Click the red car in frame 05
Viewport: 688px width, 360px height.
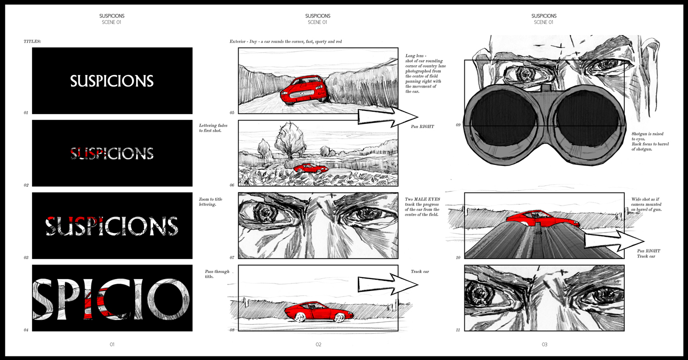304,89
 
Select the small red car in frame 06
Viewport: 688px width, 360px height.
311,168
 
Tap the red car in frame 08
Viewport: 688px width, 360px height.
319,312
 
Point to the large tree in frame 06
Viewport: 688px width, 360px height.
288,140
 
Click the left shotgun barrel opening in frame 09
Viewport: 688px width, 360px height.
503,118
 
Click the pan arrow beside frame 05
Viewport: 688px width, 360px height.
388,117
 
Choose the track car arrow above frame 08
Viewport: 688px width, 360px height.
388,284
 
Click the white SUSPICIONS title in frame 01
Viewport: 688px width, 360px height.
112,81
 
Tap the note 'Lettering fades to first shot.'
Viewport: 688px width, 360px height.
213,128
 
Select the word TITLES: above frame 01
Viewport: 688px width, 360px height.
32,41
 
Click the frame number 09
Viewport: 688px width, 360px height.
458,125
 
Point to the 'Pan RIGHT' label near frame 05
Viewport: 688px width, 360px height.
422,126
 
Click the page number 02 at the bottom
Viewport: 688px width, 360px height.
319,344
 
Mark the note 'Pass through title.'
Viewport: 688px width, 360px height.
217,274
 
